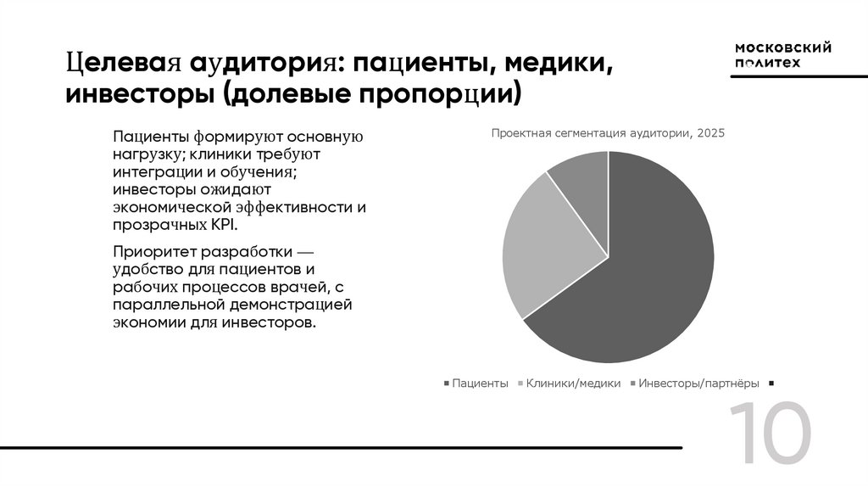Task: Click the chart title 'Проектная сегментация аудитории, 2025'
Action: coord(608,133)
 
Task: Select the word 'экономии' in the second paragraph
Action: coord(144,322)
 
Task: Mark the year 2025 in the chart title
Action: coord(711,133)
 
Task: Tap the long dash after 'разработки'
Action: coord(305,253)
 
